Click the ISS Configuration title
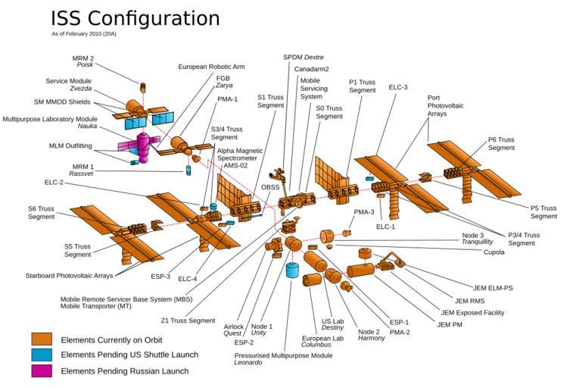(x=135, y=18)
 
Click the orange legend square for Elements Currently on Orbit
(x=42, y=339)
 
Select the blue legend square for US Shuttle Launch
(x=42, y=355)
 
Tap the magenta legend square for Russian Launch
(x=42, y=371)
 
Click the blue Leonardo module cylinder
(x=292, y=271)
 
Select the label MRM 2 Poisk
(x=83, y=61)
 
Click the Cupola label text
(x=494, y=252)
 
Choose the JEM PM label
(x=450, y=324)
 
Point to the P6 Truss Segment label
(x=501, y=143)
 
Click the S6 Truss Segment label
(x=42, y=212)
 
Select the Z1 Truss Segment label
(x=188, y=321)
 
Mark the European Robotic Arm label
(x=211, y=67)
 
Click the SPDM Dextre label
(x=303, y=57)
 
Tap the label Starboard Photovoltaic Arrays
(x=69, y=276)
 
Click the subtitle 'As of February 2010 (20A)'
(x=84, y=34)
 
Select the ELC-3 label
(x=398, y=87)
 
